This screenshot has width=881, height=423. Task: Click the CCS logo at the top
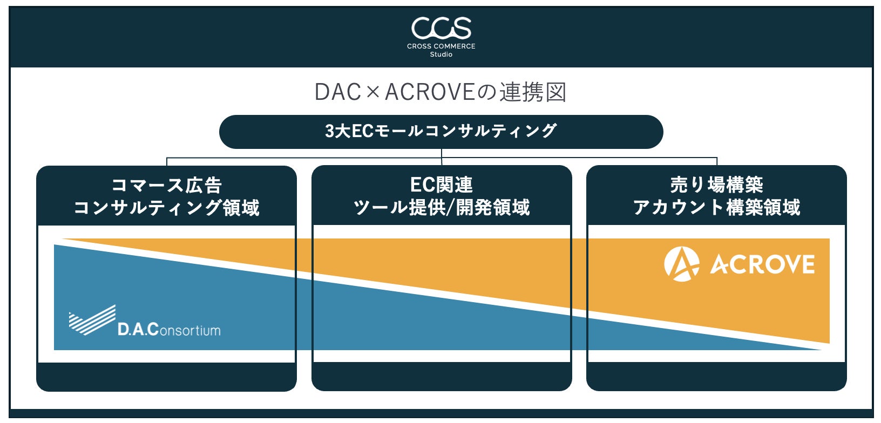(441, 28)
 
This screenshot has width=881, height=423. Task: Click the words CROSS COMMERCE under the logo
(441, 46)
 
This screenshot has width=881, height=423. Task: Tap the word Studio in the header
(441, 54)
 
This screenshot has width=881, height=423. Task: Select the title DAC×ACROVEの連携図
(440, 92)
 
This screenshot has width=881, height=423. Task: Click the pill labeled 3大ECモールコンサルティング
(441, 132)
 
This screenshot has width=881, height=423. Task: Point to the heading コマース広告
(166, 186)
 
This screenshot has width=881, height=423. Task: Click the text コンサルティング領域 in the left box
(166, 208)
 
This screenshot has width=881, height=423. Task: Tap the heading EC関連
(442, 185)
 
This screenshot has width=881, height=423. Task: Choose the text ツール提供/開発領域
(442, 208)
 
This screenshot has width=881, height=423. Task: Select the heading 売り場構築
(716, 185)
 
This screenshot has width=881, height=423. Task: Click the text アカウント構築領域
(716, 208)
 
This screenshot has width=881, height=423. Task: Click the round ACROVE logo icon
(682, 264)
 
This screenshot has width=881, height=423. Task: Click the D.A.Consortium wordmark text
(169, 329)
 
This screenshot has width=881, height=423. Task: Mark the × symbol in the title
(373, 93)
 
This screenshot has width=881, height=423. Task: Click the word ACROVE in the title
(430, 92)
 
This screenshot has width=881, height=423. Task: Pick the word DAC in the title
(338, 92)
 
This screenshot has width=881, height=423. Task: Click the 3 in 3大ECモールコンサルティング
(330, 132)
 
